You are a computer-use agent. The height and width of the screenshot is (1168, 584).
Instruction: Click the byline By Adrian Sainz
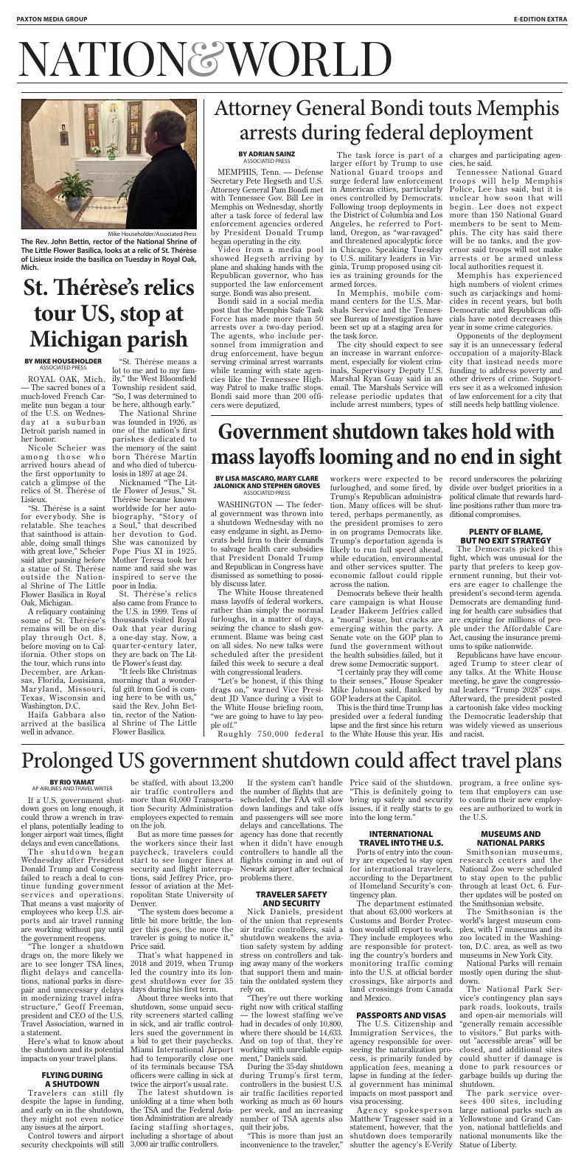264,153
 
